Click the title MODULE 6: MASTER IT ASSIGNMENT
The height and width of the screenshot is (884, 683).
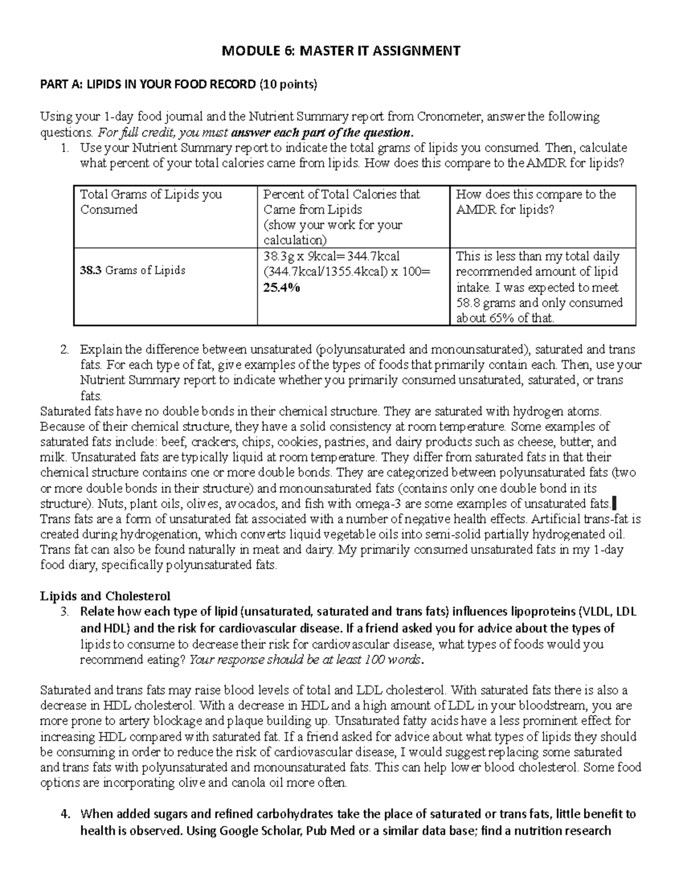(x=341, y=51)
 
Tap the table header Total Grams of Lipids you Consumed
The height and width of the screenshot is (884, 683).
(x=151, y=202)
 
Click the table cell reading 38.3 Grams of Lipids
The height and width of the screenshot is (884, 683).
(x=133, y=270)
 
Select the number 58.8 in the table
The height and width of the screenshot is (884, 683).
(x=470, y=303)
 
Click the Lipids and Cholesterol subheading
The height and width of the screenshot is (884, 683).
(x=105, y=597)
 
